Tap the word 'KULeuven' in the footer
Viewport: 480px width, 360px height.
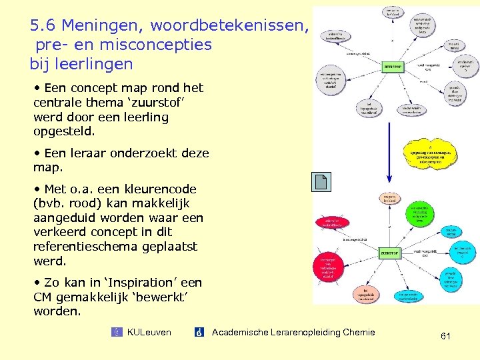(x=149, y=332)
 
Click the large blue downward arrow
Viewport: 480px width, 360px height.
(x=389, y=133)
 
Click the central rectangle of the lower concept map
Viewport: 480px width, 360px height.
(x=390, y=253)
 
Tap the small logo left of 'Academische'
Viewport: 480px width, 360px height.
(x=199, y=332)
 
